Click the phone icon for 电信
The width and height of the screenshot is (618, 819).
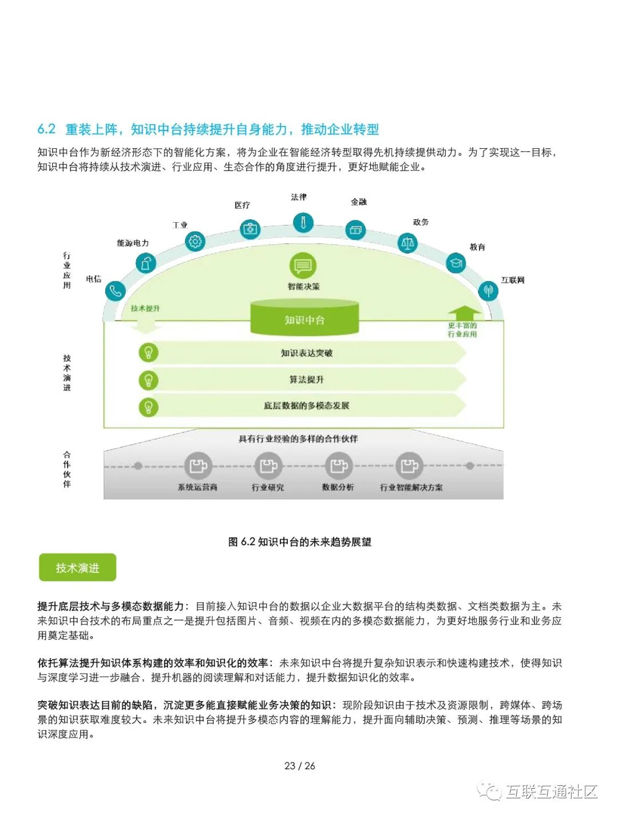pyautogui.click(x=115, y=291)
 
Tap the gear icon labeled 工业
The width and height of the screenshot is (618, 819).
pyautogui.click(x=195, y=242)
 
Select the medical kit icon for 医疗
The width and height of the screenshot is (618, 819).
pyautogui.click(x=250, y=229)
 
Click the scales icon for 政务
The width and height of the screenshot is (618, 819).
pyautogui.click(x=407, y=243)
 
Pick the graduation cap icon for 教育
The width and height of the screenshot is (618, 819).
pyautogui.click(x=455, y=263)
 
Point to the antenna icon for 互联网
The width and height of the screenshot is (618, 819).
pyautogui.click(x=488, y=290)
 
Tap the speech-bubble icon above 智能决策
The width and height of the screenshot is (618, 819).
pyautogui.click(x=303, y=266)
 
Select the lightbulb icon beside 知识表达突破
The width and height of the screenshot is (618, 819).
pyautogui.click(x=148, y=353)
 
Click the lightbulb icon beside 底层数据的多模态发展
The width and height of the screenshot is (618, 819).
pyautogui.click(x=148, y=407)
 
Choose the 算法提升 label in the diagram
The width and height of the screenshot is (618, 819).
pyautogui.click(x=307, y=379)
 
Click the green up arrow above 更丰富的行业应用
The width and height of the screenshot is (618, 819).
pyautogui.click(x=464, y=312)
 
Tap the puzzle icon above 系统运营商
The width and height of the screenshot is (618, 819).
pyautogui.click(x=198, y=466)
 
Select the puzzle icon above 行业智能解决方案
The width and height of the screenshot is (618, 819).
pyautogui.click(x=409, y=466)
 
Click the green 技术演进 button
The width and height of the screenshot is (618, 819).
pyautogui.click(x=78, y=568)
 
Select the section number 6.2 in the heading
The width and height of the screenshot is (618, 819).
pyautogui.click(x=46, y=129)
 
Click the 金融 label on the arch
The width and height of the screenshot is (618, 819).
pyautogui.click(x=359, y=202)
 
